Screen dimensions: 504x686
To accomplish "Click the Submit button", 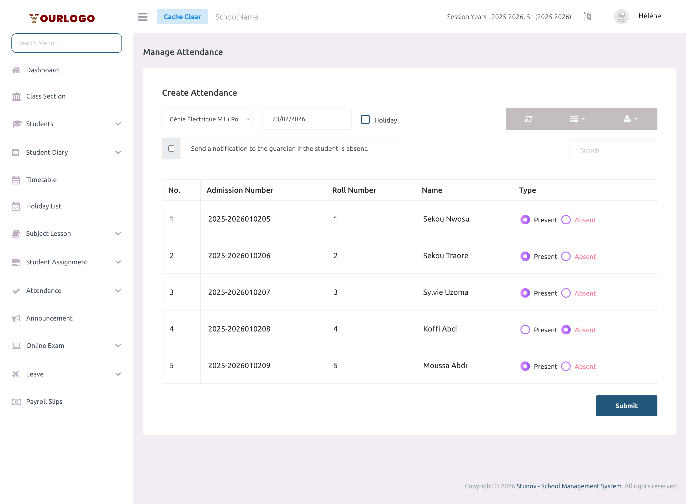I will coord(626,405).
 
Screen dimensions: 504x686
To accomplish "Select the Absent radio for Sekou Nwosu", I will coord(566,220).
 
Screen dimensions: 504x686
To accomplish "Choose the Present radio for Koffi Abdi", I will coord(525,330).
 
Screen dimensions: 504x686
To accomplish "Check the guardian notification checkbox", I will coord(171,148).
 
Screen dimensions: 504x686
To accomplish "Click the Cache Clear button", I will coord(182,17).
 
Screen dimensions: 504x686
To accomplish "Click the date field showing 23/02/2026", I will coord(306,119).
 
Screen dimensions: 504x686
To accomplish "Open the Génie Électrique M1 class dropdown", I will coord(207,119).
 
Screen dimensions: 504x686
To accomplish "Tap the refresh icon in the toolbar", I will coord(529,119).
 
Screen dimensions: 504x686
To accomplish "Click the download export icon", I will coord(630,119).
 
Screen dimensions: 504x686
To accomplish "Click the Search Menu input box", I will coord(66,43).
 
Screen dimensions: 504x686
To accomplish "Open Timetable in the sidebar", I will coord(41,180).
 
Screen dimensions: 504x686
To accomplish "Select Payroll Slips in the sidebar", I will coord(44,401).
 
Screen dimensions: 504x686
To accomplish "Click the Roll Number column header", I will coord(354,190).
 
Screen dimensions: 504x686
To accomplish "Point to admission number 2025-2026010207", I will coord(239,292).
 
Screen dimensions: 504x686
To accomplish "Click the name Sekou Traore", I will coord(445,256).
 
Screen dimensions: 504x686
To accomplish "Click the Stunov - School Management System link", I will coord(569,486).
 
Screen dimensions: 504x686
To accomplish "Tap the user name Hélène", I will coord(649,16).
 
